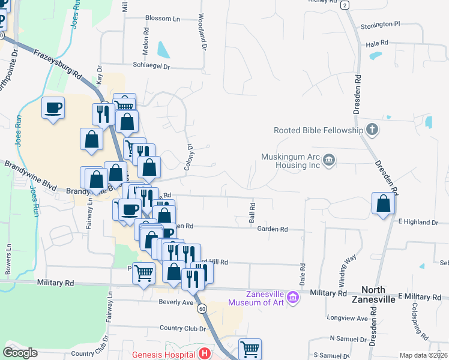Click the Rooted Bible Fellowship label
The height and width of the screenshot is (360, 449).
coord(318,130)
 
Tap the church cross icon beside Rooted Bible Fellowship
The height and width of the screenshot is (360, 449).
coord(372,130)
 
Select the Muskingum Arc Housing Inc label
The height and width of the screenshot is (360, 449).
coord(290,160)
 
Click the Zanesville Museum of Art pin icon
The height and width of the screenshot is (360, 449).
coord(292,297)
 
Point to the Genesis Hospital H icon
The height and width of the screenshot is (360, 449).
coord(205,353)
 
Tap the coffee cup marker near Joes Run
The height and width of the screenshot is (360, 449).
coord(53,108)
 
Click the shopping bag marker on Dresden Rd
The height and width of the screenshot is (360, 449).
coord(383,203)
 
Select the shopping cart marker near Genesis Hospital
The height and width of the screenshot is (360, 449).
coord(250,349)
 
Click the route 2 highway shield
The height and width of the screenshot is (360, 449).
coord(345,5)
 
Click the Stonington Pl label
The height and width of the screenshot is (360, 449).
coord(380,25)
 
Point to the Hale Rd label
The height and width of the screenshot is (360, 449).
coord(377,44)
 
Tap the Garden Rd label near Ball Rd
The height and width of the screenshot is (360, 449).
coord(273,229)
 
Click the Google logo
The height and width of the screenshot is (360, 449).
coord(20,353)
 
